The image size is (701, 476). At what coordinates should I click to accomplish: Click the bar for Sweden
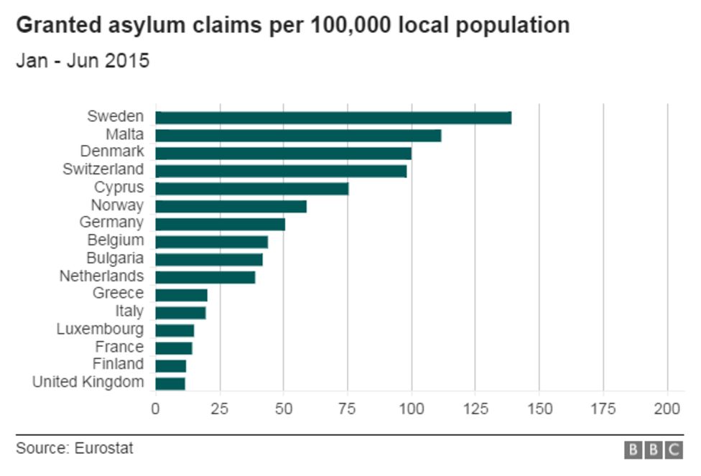(333, 118)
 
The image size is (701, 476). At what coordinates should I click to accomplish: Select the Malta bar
(298, 135)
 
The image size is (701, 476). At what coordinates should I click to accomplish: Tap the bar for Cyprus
(251, 188)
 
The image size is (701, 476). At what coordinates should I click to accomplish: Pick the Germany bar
(220, 224)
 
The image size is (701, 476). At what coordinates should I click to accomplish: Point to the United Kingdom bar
(170, 383)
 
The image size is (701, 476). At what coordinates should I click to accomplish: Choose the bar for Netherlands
(205, 277)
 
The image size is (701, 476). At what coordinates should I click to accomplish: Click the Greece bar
(181, 294)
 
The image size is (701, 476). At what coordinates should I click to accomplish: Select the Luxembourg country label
(100, 330)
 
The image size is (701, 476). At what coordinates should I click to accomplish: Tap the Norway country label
(117, 205)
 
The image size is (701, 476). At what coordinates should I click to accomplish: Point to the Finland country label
(118, 365)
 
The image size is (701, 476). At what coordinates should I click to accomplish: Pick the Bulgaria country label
(114, 258)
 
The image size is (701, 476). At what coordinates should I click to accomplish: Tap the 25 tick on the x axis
(219, 409)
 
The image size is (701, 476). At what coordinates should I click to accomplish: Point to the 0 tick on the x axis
(155, 409)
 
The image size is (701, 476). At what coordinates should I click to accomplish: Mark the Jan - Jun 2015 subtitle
(83, 61)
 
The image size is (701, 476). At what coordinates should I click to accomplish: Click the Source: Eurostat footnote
(75, 449)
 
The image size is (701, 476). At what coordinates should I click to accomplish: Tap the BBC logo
(653, 450)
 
